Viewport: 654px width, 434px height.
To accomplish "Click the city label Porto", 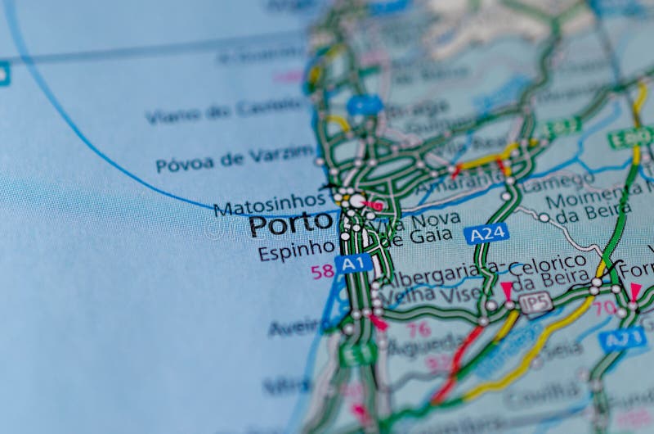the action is pyautogui.click(x=290, y=224).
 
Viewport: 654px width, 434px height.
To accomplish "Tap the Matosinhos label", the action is pyautogui.click(x=269, y=203).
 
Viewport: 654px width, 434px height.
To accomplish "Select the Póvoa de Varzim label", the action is pyautogui.click(x=235, y=159).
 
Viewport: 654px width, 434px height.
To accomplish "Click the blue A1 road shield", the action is pyautogui.click(x=353, y=264).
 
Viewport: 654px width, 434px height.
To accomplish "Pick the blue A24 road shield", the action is pyautogui.click(x=486, y=234).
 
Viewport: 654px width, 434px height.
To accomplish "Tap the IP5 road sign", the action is pyautogui.click(x=535, y=303).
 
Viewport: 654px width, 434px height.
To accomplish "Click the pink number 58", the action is pyautogui.click(x=321, y=271).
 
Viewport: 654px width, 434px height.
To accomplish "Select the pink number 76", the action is pyautogui.click(x=419, y=329).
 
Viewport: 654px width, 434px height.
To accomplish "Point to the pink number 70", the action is pyautogui.click(x=605, y=308).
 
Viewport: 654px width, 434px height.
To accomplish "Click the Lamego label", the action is pyautogui.click(x=558, y=181).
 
